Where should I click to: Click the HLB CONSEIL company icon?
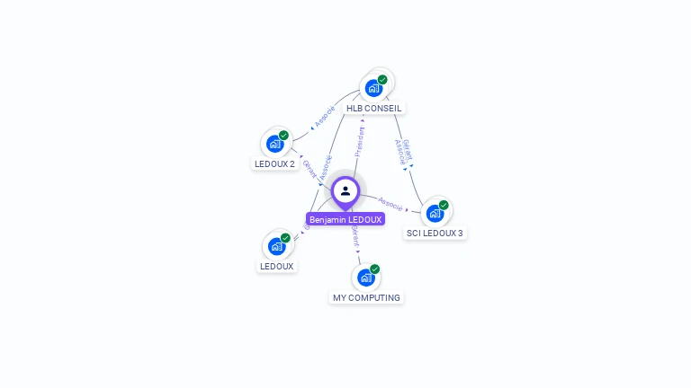point(373,88)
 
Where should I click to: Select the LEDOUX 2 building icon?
point(275,144)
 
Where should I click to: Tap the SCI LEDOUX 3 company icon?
point(435,213)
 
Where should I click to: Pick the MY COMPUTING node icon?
point(366,278)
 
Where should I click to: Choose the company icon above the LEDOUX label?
point(277,246)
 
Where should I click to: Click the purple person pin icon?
point(345,191)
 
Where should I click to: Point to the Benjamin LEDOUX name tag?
point(345,219)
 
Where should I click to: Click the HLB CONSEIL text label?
point(374,109)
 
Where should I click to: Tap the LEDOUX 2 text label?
point(274,164)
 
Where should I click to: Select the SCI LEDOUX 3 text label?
point(435,234)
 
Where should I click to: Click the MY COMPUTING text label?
point(366,298)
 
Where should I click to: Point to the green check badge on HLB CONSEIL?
point(382,80)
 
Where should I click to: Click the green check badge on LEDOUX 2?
point(284,136)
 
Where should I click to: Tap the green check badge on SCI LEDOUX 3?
point(444,205)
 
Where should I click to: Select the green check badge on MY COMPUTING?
point(375,269)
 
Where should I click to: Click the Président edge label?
point(360,141)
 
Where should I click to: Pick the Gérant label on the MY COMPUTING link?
point(354,236)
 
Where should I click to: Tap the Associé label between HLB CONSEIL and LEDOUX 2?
point(325,116)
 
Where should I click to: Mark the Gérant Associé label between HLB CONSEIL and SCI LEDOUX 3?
point(403,151)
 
